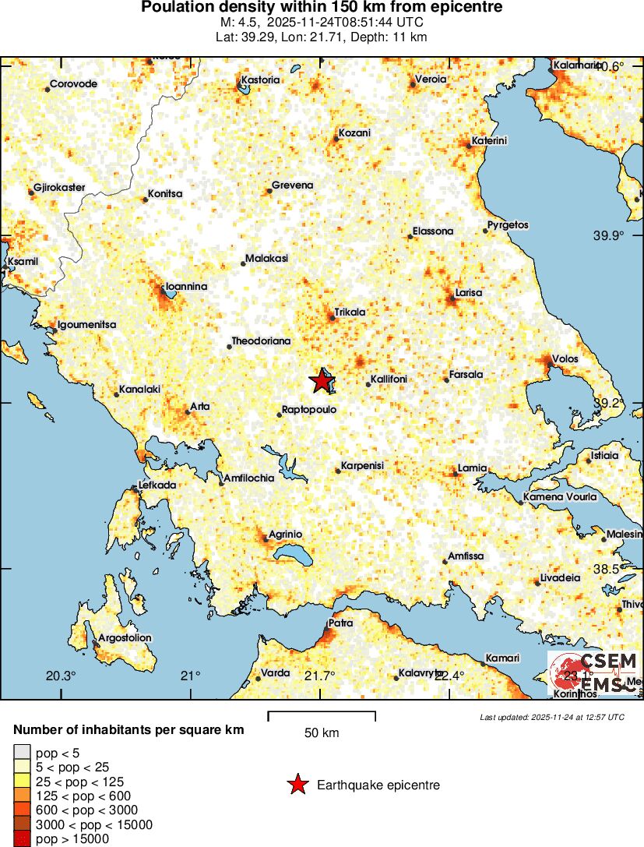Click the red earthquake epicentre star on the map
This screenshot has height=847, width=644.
(321, 381)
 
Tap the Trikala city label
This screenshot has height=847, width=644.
(350, 312)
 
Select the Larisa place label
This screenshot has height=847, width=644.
(468, 292)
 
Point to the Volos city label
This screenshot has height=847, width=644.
(563, 360)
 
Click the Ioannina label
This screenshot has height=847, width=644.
(187, 287)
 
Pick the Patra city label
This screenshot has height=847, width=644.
(340, 623)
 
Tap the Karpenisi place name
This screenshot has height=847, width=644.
(362, 466)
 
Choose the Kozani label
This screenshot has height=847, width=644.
(355, 133)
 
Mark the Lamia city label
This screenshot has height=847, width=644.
(472, 468)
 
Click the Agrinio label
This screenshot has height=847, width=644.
(285, 534)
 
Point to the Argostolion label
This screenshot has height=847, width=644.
(125, 637)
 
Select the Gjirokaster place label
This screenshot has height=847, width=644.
(59, 188)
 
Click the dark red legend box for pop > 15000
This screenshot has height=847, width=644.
(21, 839)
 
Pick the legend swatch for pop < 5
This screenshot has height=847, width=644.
(21, 752)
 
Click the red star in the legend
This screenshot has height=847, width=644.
(297, 785)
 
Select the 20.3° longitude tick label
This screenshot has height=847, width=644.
(61, 676)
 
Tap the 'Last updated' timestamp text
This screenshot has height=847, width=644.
(551, 717)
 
